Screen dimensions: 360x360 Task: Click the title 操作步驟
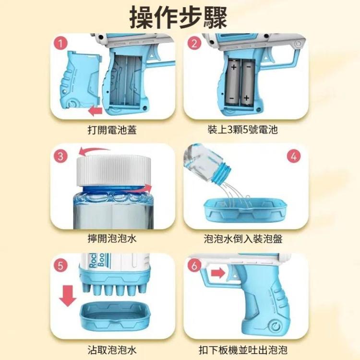(179, 18)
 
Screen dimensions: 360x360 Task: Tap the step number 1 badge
(60, 43)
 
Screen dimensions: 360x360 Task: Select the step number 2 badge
(194, 43)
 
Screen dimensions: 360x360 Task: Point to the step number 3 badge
(60, 156)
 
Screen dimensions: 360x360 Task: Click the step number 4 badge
(294, 156)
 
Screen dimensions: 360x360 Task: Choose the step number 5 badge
(60, 266)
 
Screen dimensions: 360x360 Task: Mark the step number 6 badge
(194, 266)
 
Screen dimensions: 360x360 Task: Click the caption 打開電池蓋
(112, 130)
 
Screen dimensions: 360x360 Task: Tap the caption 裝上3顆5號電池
(243, 130)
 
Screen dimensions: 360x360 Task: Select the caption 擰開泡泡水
(112, 239)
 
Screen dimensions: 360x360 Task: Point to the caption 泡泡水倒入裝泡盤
(243, 239)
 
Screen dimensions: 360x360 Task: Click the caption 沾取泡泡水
(112, 350)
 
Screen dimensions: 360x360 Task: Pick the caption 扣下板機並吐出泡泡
(243, 350)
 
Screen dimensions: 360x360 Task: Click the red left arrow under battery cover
(95, 111)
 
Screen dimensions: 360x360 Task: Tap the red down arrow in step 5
(68, 296)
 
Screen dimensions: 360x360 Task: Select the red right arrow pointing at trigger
(218, 273)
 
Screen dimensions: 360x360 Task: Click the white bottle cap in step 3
(114, 170)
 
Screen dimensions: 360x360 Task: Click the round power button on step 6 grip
(276, 326)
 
